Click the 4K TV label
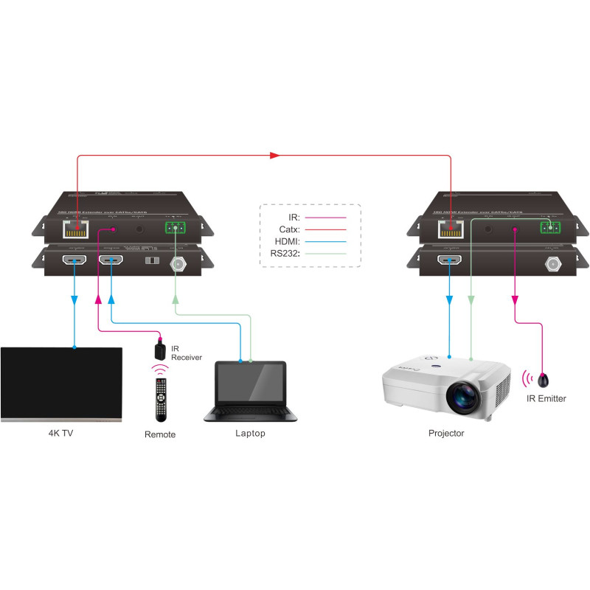[60, 433]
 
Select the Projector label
[446, 433]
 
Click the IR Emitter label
[546, 398]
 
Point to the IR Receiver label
[186, 353]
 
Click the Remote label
[160, 434]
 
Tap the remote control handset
[160, 398]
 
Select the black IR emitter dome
[544, 381]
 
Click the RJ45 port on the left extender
[76, 230]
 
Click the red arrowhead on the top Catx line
[275, 156]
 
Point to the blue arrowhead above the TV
[74, 300]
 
